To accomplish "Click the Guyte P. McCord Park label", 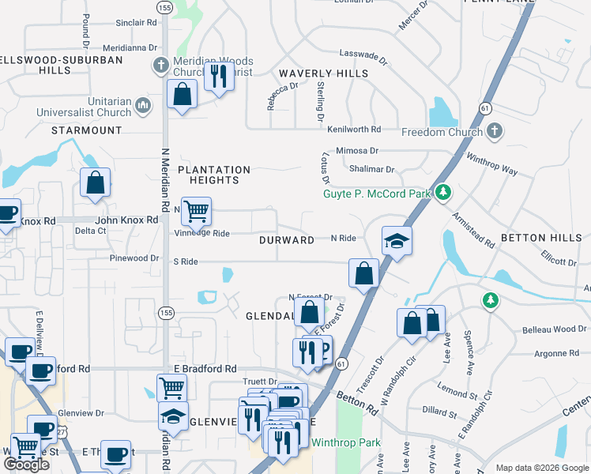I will (378, 193).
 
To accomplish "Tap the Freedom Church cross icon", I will (495, 131).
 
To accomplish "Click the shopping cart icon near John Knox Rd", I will (196, 212).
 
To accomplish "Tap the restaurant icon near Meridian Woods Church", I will (218, 77).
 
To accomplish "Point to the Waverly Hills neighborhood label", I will (323, 73).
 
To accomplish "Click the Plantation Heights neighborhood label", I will (213, 175).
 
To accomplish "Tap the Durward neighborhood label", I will (287, 239).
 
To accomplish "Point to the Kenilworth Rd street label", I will (354, 129).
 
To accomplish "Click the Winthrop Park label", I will (346, 442).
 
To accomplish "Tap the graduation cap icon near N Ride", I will (397, 241).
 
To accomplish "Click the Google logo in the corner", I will (26, 465).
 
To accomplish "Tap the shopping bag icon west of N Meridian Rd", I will (95, 183).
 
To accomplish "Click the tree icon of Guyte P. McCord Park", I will (444, 192).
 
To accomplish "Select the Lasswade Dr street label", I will (363, 58).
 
